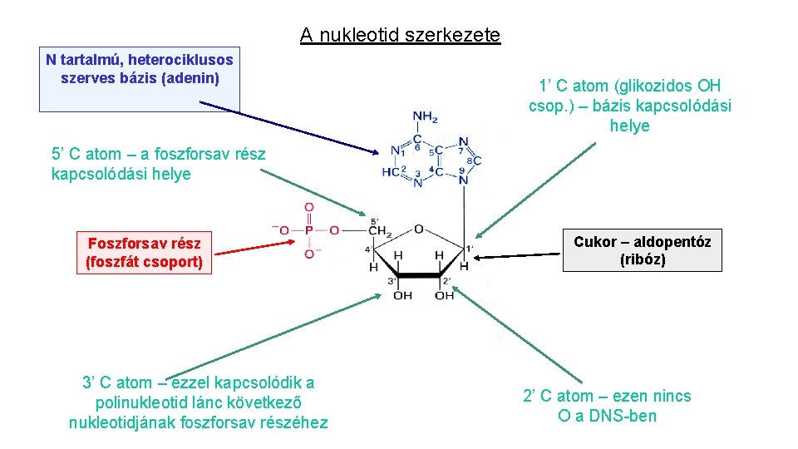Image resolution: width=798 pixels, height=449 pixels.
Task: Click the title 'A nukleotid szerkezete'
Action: click(400, 35)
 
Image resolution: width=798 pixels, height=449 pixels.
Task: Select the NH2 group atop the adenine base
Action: click(425, 117)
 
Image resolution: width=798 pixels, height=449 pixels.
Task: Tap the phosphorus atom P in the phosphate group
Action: click(309, 230)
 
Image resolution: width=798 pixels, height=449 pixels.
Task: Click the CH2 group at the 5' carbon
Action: click(380, 230)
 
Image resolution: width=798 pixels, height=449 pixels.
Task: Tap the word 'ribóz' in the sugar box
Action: click(643, 259)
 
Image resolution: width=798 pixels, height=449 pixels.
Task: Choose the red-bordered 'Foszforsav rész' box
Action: click(144, 253)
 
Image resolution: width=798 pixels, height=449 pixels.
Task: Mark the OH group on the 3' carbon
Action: click(402, 296)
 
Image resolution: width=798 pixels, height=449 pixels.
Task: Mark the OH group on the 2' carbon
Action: click(444, 296)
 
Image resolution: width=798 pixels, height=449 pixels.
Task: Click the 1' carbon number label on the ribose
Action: click(470, 247)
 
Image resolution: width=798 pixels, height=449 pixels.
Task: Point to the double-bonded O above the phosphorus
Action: click(308, 207)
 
